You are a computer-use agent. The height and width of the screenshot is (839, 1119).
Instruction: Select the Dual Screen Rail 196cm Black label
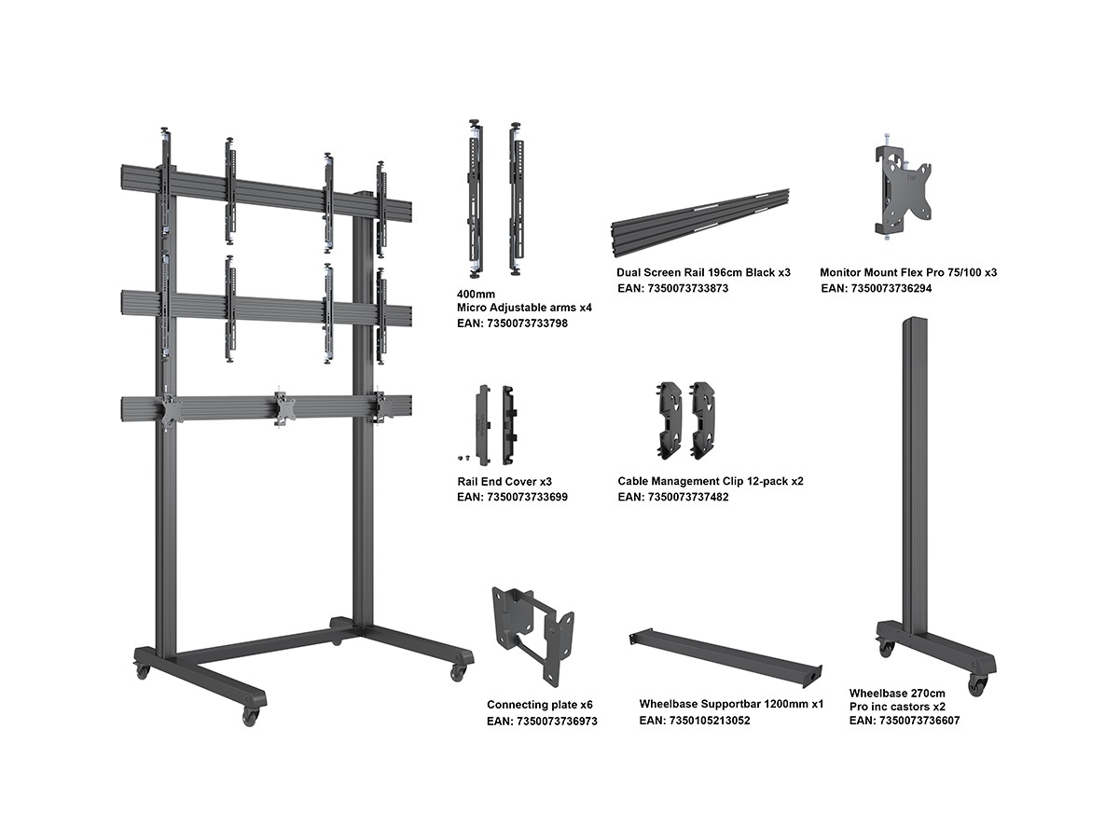[703, 272]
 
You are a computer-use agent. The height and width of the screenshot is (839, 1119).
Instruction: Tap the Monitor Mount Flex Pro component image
[903, 190]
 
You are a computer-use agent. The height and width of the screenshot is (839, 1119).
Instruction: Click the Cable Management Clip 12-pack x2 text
[710, 481]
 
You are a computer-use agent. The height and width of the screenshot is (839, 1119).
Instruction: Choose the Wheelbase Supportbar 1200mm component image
[728, 658]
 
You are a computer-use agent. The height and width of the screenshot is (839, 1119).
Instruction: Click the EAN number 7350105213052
[695, 721]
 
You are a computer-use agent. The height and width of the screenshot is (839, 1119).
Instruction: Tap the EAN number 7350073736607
[905, 720]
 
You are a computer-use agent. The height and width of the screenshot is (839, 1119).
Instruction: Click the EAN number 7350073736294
[877, 288]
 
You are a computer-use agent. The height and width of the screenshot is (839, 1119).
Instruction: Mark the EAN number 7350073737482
[673, 497]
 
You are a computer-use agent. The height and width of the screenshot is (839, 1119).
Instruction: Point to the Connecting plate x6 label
[539, 705]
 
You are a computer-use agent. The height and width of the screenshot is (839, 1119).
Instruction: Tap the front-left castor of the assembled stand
[250, 716]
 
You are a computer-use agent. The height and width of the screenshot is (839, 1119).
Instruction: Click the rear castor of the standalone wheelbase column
[885, 648]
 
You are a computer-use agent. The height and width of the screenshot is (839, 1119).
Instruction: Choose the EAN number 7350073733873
[672, 288]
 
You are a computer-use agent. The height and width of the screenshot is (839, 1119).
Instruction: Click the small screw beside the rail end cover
[463, 458]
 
